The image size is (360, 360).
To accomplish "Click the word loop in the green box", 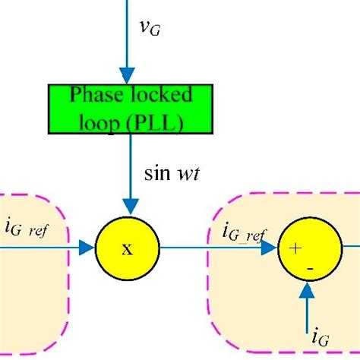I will click(108, 121).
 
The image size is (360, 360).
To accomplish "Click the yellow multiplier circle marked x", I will click(128, 248).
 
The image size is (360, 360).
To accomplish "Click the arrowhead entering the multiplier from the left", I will click(87, 248).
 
